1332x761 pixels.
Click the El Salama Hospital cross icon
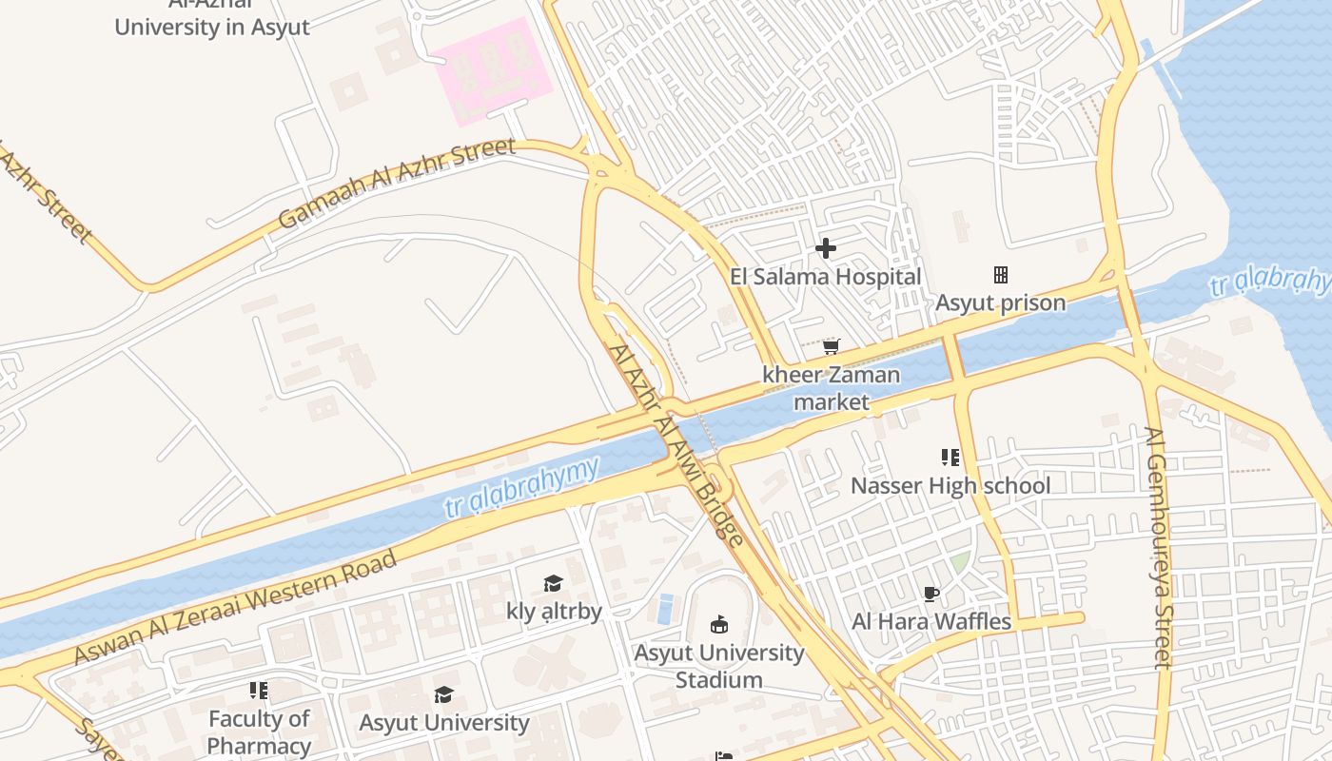826,248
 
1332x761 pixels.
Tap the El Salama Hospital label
826,277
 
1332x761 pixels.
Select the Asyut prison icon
1000,275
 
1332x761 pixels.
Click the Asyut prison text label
1000,303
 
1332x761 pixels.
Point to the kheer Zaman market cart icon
832,346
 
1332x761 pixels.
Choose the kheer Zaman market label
832,388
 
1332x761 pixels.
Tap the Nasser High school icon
950,458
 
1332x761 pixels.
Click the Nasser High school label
950,486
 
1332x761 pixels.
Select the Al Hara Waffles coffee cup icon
931,595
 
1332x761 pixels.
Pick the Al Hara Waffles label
931,622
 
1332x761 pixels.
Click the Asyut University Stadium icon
719,625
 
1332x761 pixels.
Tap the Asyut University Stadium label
719,666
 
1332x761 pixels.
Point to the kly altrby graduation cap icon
554,583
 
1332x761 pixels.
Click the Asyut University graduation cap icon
443,694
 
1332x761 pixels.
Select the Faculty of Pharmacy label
259,732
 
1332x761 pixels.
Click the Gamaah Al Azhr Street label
397,184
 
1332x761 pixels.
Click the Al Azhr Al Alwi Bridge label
676,444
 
